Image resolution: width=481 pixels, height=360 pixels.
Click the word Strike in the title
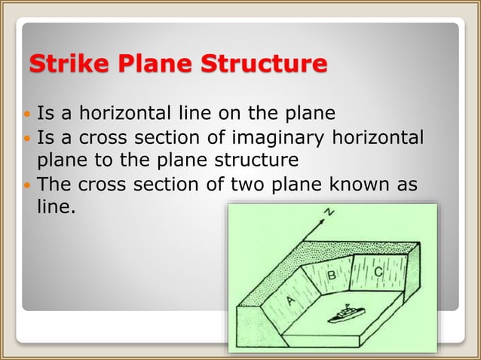point(63,64)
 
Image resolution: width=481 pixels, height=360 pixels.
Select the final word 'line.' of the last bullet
point(57,206)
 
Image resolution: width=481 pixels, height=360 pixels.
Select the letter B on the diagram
point(332,276)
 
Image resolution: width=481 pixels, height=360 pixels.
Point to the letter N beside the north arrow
point(329,213)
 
